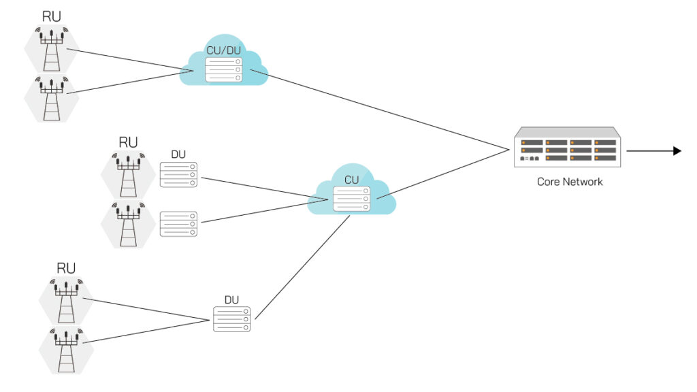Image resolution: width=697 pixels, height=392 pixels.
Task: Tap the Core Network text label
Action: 570,182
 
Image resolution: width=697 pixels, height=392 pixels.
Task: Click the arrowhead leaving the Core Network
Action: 677,150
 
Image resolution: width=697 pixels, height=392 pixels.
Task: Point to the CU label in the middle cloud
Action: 351,180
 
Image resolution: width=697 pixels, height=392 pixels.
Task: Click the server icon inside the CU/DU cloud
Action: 224,69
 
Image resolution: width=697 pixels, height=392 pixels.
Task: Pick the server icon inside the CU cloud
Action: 351,198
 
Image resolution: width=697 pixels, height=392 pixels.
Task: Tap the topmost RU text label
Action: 51,16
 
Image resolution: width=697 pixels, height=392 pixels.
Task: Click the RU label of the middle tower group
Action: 128,142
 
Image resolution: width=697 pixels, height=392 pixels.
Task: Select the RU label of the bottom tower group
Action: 66,267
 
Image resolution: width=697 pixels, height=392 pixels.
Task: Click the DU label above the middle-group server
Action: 178,154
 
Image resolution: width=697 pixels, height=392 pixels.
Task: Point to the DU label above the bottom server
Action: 232,299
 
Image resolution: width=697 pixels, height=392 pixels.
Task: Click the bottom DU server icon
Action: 232,319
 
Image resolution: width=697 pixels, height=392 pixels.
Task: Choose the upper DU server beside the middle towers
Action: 178,175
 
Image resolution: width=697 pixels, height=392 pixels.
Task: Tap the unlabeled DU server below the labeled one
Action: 178,224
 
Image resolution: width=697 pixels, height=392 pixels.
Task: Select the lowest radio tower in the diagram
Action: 65,348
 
